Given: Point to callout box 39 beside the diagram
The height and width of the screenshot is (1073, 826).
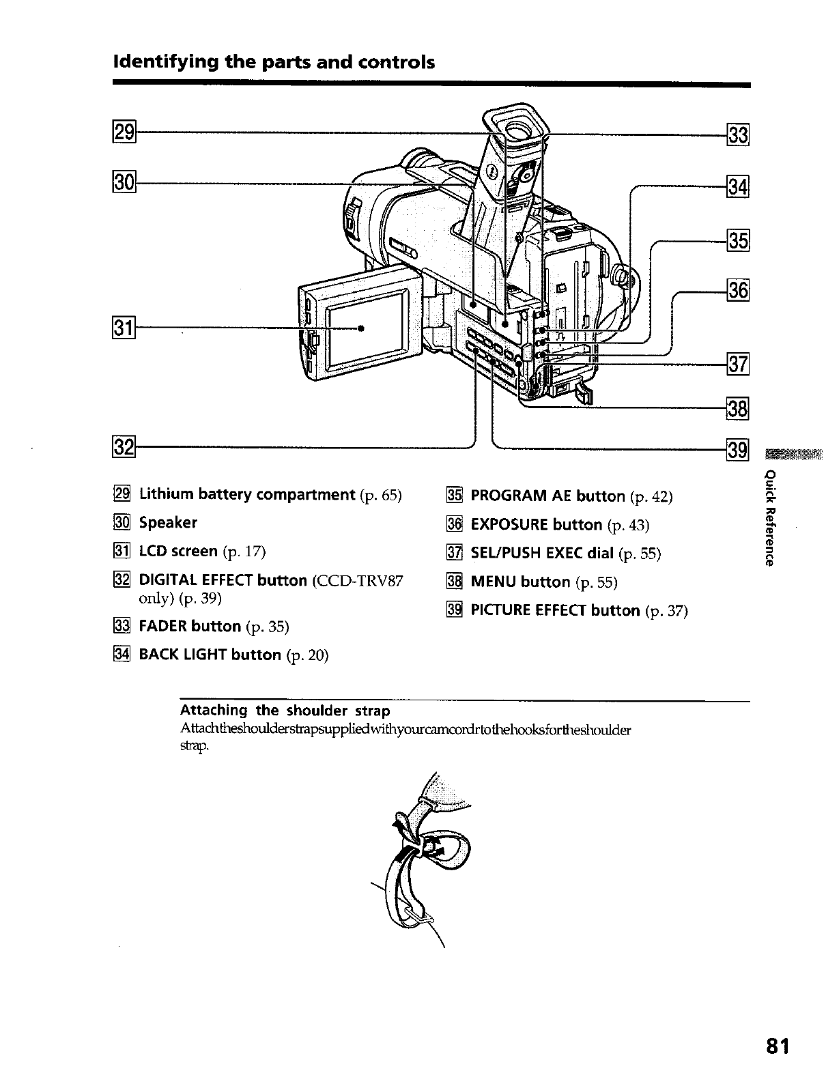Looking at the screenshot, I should [x=739, y=450].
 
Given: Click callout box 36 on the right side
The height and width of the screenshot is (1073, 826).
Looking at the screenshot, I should [x=739, y=290].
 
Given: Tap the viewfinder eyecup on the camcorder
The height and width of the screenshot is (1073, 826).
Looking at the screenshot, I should [x=517, y=126].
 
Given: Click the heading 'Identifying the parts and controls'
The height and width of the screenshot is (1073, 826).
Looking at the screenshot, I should [x=274, y=63].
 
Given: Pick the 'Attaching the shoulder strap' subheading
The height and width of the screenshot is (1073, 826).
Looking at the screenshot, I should [x=285, y=711].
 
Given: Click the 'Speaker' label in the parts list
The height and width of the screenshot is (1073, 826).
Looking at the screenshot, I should [x=168, y=523].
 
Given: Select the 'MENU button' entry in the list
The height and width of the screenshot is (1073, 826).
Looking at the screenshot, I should [x=520, y=582].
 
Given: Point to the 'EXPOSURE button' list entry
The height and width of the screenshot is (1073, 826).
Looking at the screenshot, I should [x=537, y=525].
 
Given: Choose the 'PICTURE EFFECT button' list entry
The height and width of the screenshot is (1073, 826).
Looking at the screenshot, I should [x=556, y=610].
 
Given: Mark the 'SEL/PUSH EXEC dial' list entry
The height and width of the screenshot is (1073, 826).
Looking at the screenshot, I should [x=543, y=554].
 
